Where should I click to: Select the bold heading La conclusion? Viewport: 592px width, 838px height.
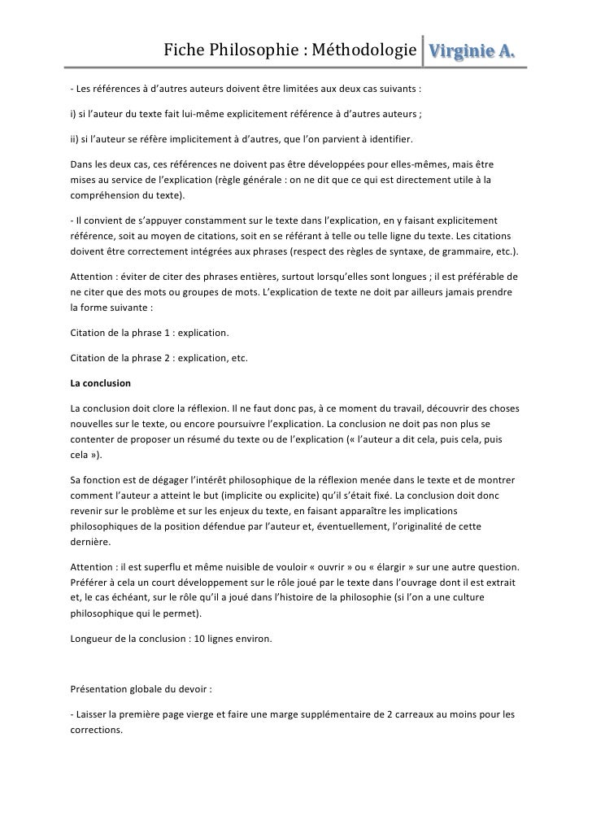point(101,382)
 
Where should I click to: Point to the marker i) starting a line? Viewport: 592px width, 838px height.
point(73,111)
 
